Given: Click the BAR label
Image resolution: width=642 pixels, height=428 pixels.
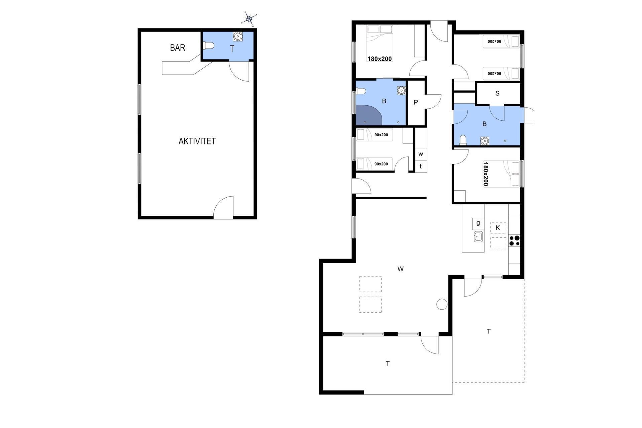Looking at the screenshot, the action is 178,48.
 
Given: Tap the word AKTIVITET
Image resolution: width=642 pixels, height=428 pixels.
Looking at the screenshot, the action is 197,141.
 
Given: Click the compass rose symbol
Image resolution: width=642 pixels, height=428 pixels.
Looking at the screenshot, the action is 249,19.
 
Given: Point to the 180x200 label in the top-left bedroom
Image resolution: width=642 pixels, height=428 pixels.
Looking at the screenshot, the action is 380,59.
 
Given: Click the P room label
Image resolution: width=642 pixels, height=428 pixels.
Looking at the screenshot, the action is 416,102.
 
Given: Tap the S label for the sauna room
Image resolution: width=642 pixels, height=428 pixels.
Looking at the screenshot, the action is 497,93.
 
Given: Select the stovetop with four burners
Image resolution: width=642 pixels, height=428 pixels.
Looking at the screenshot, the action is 514,241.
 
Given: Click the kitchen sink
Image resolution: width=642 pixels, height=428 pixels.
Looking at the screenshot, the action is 478,237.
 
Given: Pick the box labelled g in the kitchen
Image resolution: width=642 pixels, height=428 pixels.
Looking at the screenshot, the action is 478,224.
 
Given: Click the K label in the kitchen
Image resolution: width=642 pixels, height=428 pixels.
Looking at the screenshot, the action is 498,228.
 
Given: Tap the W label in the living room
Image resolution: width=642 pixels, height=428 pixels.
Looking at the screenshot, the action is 400,269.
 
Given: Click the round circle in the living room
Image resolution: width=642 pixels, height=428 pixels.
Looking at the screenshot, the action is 442,304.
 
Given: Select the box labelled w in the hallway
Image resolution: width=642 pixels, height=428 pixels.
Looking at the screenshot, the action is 421,154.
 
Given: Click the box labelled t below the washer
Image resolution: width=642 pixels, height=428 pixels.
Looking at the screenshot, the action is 421,166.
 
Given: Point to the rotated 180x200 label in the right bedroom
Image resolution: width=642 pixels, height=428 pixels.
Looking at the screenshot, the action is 486,174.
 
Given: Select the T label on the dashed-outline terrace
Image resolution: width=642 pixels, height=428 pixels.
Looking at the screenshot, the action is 489,331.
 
